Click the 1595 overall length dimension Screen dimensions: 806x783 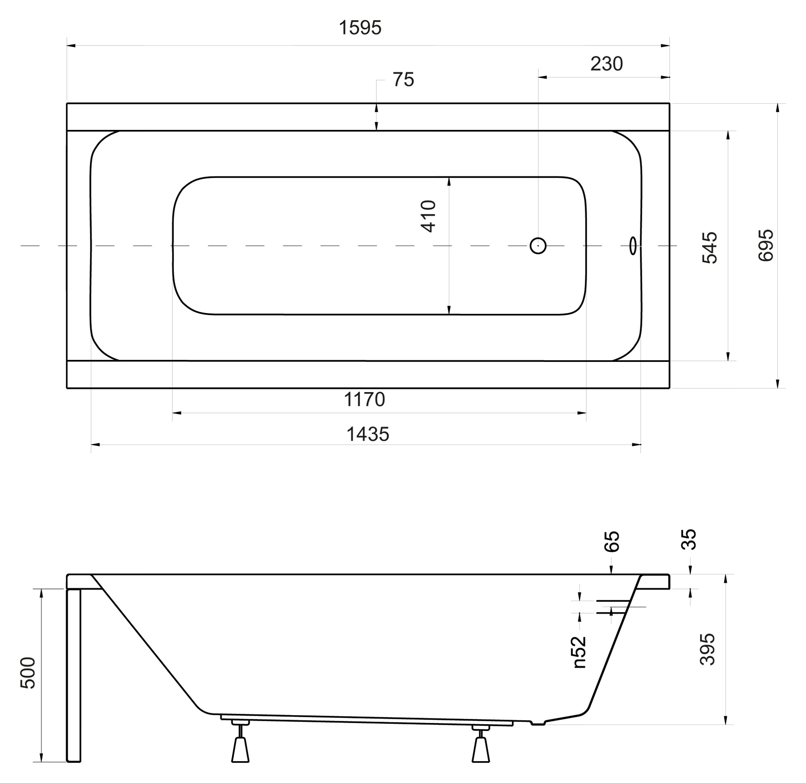(x=360, y=28)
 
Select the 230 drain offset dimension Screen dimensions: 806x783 (x=607, y=64)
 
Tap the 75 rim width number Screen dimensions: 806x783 (x=403, y=80)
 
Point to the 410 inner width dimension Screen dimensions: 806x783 (x=428, y=217)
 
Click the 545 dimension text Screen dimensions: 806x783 (x=710, y=248)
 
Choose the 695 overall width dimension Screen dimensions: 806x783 (x=766, y=246)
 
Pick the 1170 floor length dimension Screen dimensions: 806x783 (x=364, y=400)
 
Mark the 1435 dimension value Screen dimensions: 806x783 (x=368, y=434)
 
